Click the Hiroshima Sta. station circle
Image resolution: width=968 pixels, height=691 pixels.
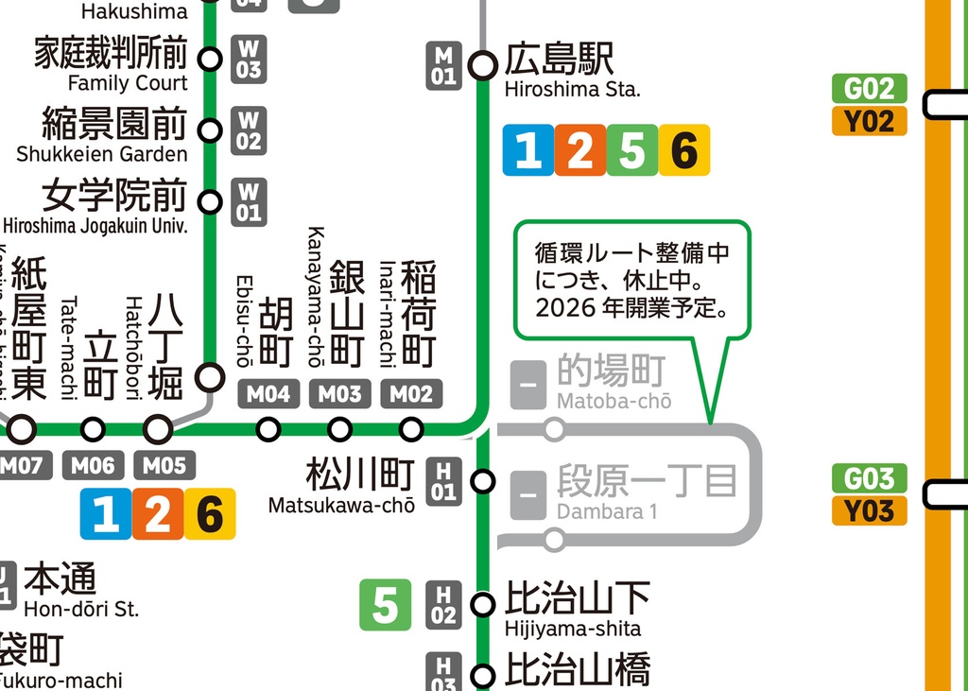(x=483, y=65)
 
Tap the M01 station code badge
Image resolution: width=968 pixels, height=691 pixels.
(x=444, y=66)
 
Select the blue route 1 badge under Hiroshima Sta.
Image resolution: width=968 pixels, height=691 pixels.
(x=528, y=150)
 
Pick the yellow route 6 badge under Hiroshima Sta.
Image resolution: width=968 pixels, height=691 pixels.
(x=683, y=150)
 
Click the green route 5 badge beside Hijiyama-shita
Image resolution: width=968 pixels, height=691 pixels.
(x=385, y=605)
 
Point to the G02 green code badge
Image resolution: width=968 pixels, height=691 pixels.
(x=869, y=89)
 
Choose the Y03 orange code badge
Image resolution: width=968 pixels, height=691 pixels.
(x=869, y=510)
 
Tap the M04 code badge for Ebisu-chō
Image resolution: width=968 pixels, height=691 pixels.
(x=268, y=394)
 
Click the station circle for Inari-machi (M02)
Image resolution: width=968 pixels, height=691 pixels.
(x=411, y=430)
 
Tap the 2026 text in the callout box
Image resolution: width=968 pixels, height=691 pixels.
(x=562, y=308)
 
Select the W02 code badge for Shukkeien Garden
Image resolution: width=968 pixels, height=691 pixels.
(x=249, y=130)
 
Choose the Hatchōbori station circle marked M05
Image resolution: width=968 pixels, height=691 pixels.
(x=158, y=430)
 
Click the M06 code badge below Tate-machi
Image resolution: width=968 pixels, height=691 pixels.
(x=93, y=465)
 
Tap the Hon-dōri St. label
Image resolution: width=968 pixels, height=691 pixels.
(x=81, y=590)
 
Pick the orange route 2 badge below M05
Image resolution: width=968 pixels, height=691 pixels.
(x=157, y=515)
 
